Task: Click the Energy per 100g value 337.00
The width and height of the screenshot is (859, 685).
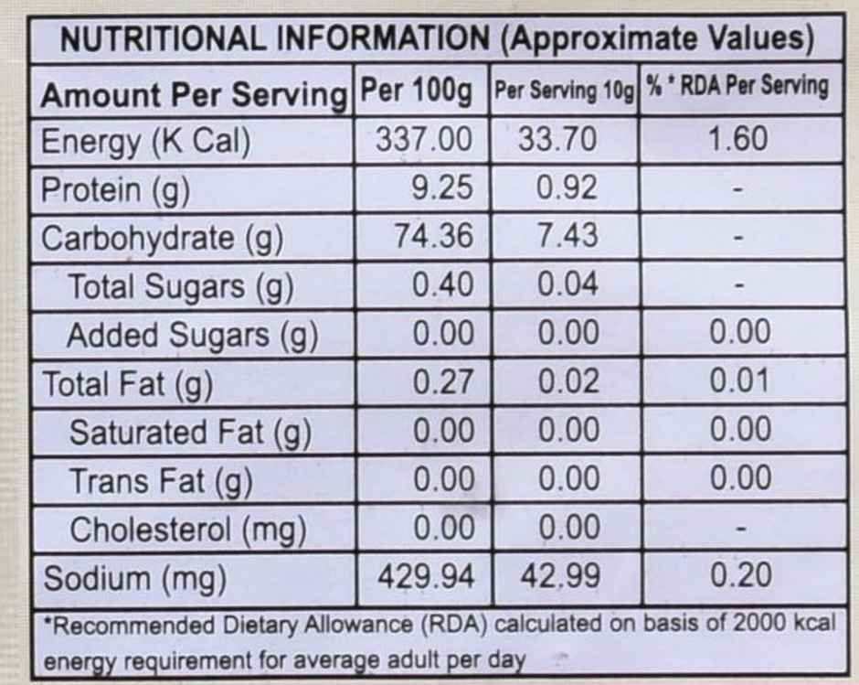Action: click(423, 139)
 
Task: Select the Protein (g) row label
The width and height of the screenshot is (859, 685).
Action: click(115, 190)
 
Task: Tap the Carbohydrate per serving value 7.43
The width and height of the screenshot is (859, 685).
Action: click(567, 236)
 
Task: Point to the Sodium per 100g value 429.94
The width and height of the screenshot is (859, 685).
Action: click(426, 576)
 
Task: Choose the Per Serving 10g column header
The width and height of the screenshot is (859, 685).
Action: click(564, 91)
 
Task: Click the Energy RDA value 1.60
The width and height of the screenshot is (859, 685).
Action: click(737, 139)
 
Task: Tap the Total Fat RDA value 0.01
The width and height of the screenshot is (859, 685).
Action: click(740, 380)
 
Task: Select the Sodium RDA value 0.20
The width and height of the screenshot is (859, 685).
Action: click(741, 575)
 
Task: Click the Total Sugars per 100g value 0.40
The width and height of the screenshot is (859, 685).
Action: click(442, 284)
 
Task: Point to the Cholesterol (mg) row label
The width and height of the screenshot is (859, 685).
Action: click(188, 530)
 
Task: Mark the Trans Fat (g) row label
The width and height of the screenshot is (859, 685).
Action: click(161, 482)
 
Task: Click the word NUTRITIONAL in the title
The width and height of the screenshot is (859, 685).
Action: click(162, 39)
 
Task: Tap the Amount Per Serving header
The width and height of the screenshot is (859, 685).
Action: click(194, 95)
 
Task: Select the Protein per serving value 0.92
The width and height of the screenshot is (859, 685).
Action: click(567, 187)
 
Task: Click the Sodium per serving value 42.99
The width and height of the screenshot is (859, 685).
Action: click(560, 576)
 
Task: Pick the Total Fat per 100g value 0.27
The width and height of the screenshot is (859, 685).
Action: click(442, 381)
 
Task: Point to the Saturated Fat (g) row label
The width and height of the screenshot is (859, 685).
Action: click(191, 433)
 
